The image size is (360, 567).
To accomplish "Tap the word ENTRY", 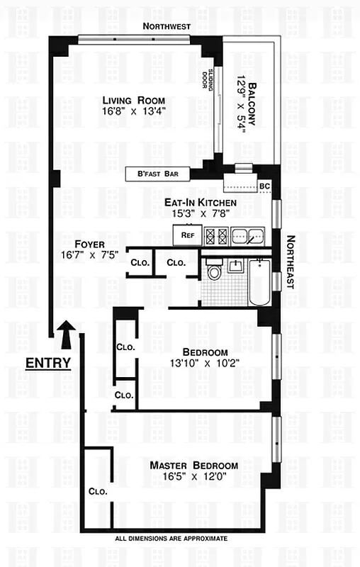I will point(48,364).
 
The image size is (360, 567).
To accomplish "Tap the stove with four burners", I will point(216,235).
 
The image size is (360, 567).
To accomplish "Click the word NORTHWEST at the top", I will point(167,26).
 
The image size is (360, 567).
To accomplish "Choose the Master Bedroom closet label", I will point(96,491).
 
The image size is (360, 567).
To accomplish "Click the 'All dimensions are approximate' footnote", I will point(171,539).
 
